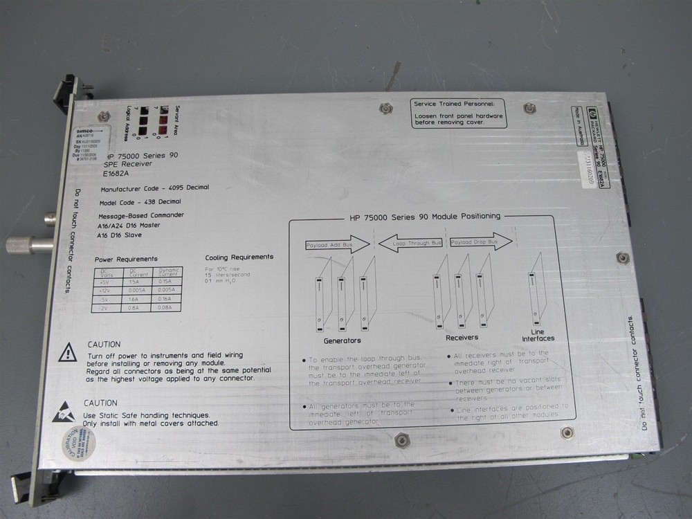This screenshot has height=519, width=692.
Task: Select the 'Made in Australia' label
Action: click(574, 125)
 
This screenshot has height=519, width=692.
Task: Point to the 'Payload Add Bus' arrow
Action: click(337, 244)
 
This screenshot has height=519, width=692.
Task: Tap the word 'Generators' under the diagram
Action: click(342, 340)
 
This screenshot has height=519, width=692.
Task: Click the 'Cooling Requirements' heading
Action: click(239, 257)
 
